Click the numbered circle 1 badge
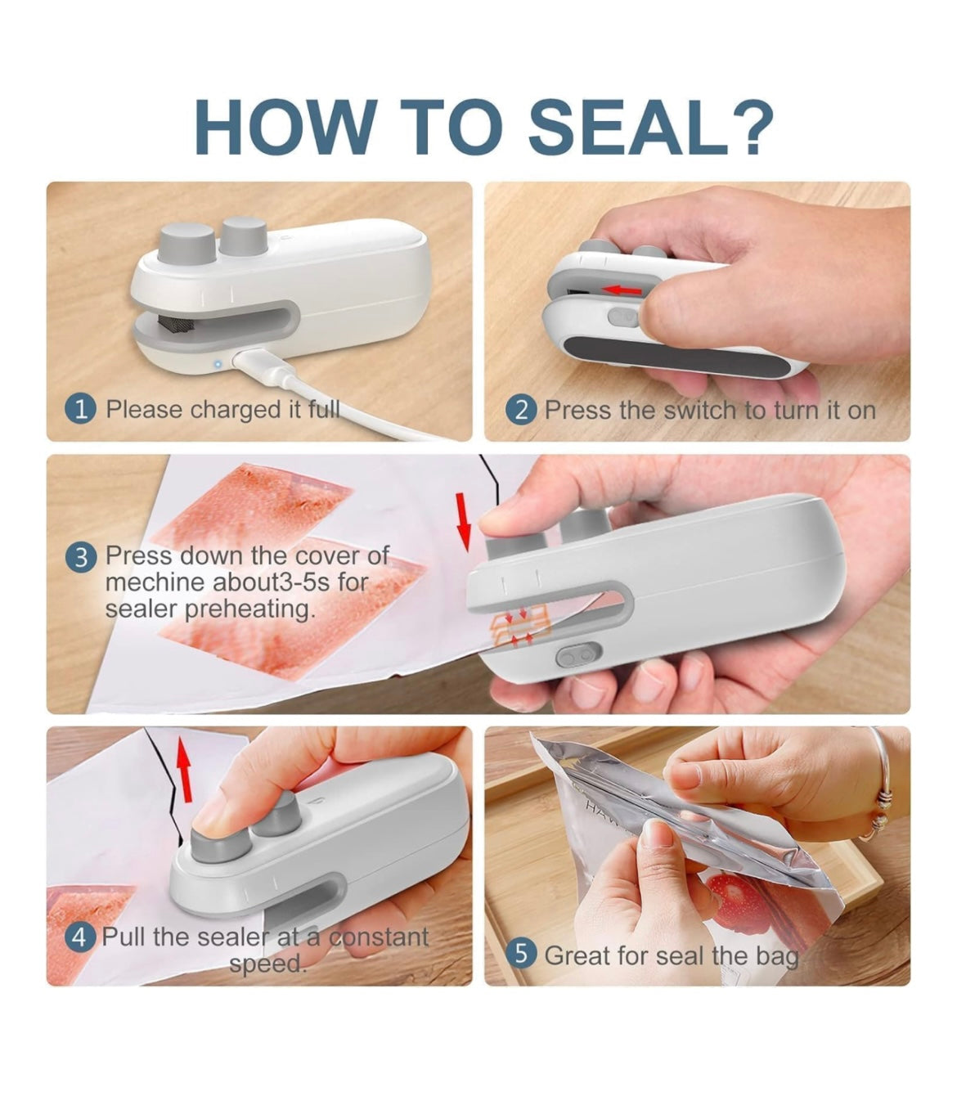pos(80,409)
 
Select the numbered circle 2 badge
pos(521,410)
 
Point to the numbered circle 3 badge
pos(80,559)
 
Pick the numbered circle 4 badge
pos(79,937)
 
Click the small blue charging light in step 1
pos(217,362)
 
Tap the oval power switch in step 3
pos(578,655)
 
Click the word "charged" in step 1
pos(236,409)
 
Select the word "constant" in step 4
pos(379,937)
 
